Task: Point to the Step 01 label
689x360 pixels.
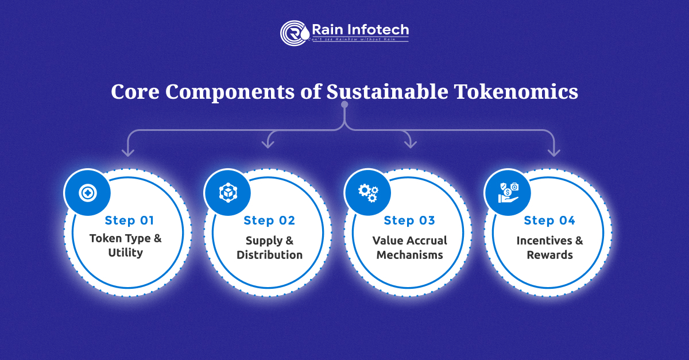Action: (x=130, y=220)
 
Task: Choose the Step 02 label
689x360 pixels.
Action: (x=269, y=220)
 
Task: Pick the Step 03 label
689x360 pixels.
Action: (x=409, y=220)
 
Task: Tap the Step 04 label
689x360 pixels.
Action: (x=549, y=220)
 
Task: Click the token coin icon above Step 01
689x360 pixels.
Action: (x=87, y=192)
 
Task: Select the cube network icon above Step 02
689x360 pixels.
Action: (x=227, y=192)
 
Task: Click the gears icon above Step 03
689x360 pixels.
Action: (x=367, y=192)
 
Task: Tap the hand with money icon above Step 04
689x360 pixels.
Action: (x=508, y=192)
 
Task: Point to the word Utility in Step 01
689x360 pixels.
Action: (x=125, y=253)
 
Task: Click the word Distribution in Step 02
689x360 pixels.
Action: (x=269, y=255)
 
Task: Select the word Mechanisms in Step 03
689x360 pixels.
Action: (x=409, y=255)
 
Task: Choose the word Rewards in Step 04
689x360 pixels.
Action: (x=549, y=255)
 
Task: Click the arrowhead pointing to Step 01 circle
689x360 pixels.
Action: (x=127, y=153)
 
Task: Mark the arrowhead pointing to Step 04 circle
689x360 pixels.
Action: (x=553, y=153)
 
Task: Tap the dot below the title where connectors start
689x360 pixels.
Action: (x=344, y=105)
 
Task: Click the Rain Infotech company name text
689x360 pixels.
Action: (x=360, y=29)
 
